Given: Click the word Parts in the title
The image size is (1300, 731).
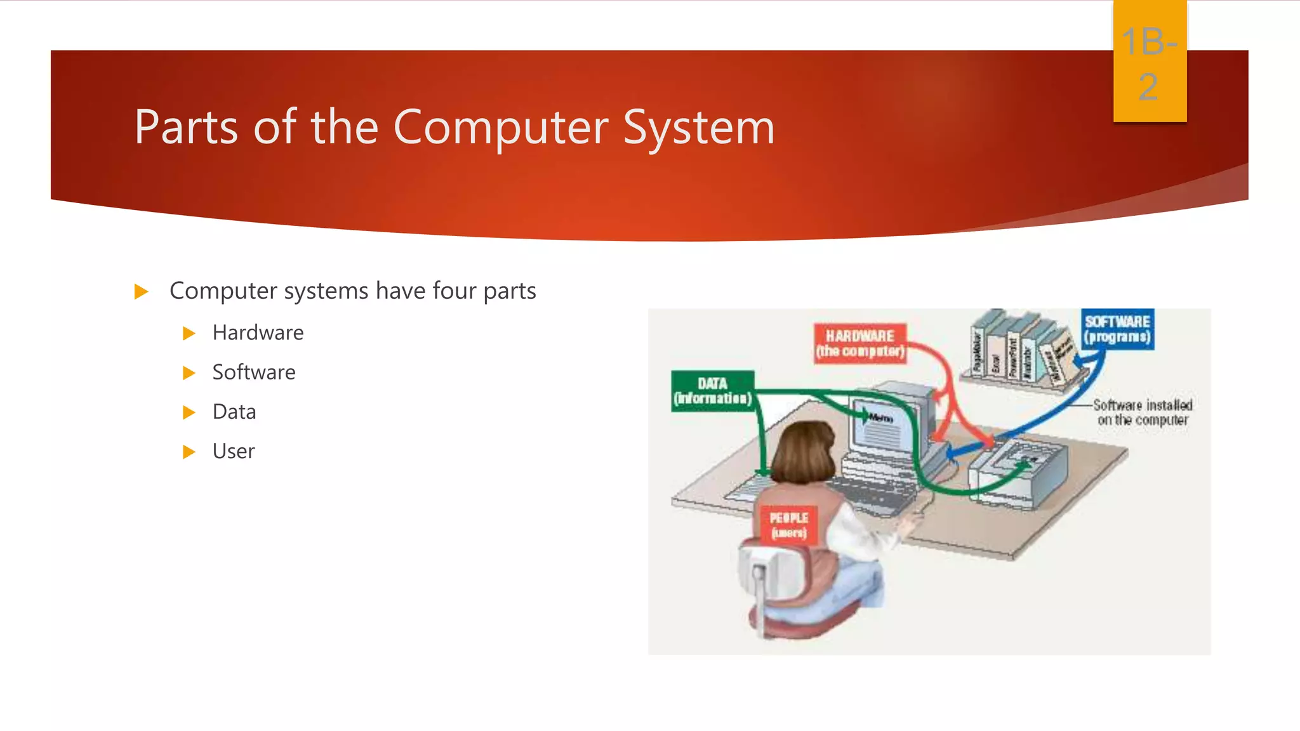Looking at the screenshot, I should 186,127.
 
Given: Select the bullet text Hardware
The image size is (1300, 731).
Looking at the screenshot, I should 258,333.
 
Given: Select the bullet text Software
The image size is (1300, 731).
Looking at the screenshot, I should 254,372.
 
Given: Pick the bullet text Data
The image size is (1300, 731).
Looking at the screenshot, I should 234,412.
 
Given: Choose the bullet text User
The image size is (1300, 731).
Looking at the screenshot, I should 234,451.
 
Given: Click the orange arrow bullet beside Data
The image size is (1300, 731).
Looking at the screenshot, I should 189,412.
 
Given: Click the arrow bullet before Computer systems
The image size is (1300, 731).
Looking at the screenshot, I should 141,292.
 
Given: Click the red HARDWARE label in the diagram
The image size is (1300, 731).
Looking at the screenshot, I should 860,343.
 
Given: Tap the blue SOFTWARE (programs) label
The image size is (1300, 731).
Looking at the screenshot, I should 1117,329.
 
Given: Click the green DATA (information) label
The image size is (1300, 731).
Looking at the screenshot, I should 712,391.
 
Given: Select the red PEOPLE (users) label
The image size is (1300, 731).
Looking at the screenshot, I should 788,525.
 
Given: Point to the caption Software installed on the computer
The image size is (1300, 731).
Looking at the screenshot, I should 1143,412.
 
